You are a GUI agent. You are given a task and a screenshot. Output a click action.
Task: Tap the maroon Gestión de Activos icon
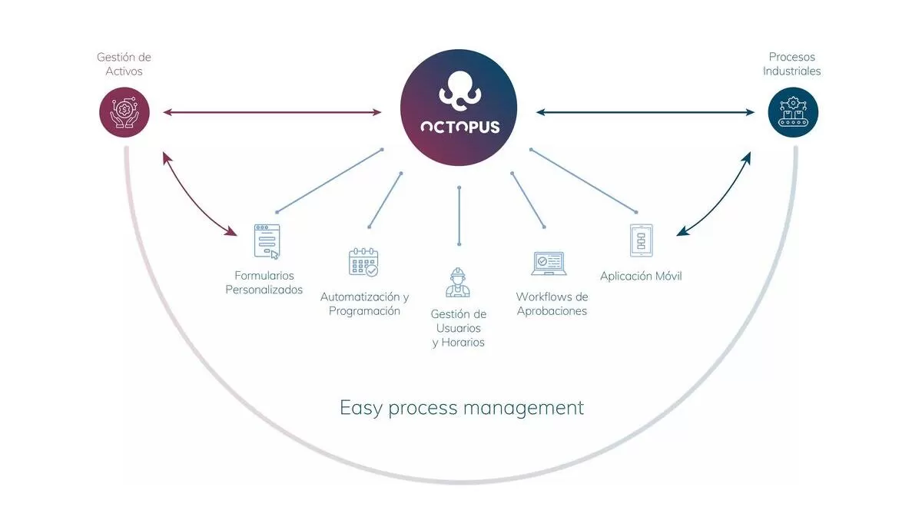(124, 112)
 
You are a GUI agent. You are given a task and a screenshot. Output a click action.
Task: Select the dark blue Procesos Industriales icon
(793, 112)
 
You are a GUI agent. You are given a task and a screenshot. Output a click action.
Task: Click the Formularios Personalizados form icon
(266, 241)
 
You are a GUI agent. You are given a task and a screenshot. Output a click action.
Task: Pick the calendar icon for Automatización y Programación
(363, 261)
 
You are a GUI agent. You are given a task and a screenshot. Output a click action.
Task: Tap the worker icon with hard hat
(458, 282)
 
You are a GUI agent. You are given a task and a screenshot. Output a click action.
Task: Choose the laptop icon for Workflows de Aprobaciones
(548, 263)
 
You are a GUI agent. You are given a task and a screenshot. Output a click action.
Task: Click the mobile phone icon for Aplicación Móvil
(641, 240)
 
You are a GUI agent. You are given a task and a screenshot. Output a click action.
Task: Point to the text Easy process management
(462, 407)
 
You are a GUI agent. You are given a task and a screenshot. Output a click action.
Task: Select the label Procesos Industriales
(792, 64)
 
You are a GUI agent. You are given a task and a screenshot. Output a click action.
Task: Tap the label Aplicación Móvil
(641, 276)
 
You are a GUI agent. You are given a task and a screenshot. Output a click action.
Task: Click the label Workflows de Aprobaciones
(552, 303)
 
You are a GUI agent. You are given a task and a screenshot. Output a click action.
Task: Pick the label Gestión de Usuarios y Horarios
(459, 328)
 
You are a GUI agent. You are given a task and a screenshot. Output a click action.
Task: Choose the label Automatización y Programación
(364, 303)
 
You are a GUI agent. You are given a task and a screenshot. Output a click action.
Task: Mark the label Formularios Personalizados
(264, 283)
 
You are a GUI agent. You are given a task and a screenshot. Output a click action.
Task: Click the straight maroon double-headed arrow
(272, 113)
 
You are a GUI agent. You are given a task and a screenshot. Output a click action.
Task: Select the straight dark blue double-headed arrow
(645, 113)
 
